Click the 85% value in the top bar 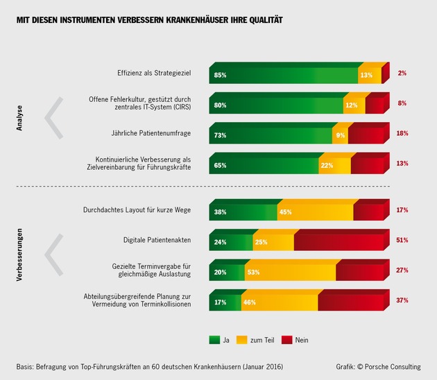221,75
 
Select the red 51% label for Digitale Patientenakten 402,240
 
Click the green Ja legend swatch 214,340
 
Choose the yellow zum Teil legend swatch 241,340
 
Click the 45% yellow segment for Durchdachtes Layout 316,211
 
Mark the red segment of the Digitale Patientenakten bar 338,242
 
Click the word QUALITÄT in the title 264,20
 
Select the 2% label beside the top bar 402,73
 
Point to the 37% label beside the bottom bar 402,300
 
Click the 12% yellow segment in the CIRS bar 353,105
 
